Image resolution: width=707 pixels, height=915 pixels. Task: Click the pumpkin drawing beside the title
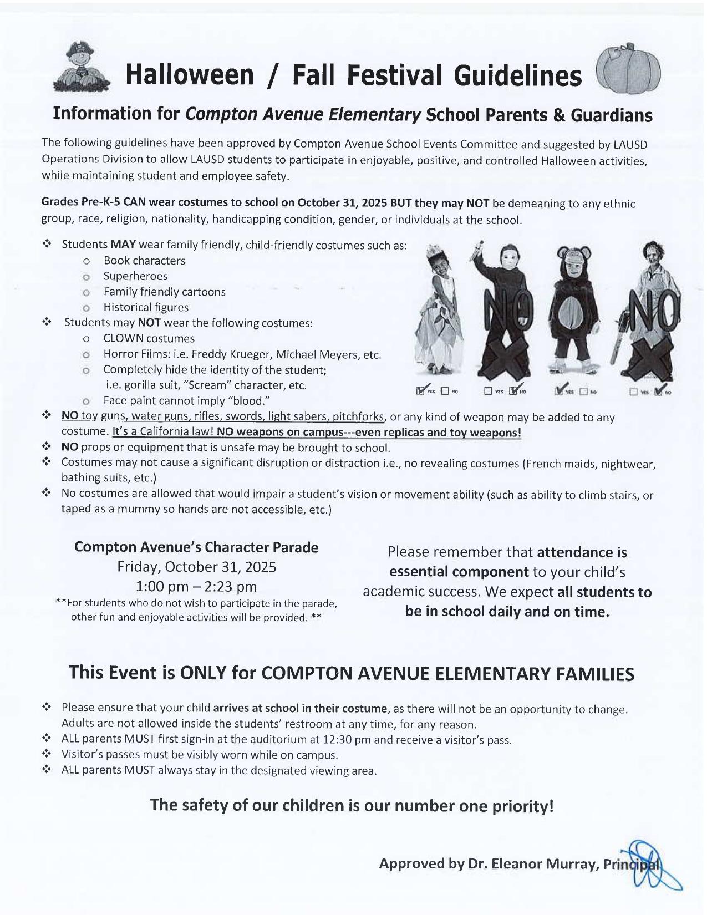pyautogui.click(x=628, y=70)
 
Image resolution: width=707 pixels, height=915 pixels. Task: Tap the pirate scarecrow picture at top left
pyautogui.click(x=82, y=68)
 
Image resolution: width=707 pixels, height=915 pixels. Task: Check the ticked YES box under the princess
pyautogui.click(x=422, y=390)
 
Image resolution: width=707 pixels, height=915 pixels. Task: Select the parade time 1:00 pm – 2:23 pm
pyautogui.click(x=196, y=587)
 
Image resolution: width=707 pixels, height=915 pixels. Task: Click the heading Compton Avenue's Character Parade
pyautogui.click(x=196, y=547)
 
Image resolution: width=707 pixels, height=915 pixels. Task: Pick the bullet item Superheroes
pyautogui.click(x=135, y=276)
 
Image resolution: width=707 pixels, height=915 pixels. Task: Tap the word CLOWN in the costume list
pyautogui.click(x=122, y=338)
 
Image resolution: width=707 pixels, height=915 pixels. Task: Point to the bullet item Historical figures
pyautogui.click(x=146, y=307)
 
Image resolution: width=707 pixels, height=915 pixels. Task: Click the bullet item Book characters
pyautogui.click(x=144, y=261)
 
